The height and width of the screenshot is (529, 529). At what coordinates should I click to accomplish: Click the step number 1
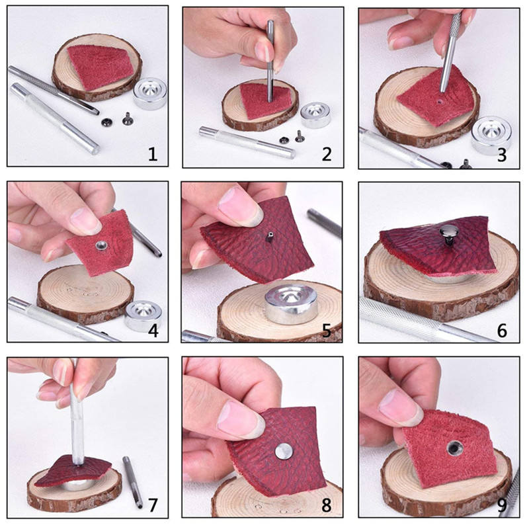[153, 154]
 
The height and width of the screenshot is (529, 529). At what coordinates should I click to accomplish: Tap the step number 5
[327, 330]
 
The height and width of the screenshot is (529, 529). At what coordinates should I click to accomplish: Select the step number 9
[502, 505]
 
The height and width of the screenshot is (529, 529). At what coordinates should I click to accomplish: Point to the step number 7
[153, 505]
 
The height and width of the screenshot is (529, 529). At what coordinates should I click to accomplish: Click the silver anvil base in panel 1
[150, 93]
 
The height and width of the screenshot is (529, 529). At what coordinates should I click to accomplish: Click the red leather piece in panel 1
[100, 67]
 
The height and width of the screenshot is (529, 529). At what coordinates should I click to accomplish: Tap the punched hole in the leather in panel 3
[438, 101]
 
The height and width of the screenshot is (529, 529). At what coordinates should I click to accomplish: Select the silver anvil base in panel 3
[491, 135]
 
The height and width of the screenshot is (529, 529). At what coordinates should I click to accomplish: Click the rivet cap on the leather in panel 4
[101, 245]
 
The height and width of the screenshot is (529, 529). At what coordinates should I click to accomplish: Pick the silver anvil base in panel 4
[143, 315]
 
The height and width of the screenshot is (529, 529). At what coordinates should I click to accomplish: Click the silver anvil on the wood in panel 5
[291, 304]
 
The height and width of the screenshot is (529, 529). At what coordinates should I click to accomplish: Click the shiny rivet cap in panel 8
[284, 451]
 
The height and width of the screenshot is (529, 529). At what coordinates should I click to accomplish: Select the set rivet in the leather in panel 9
[454, 448]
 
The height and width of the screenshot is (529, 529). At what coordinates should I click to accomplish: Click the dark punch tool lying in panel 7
[132, 482]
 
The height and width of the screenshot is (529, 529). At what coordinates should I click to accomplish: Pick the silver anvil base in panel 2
[315, 115]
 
